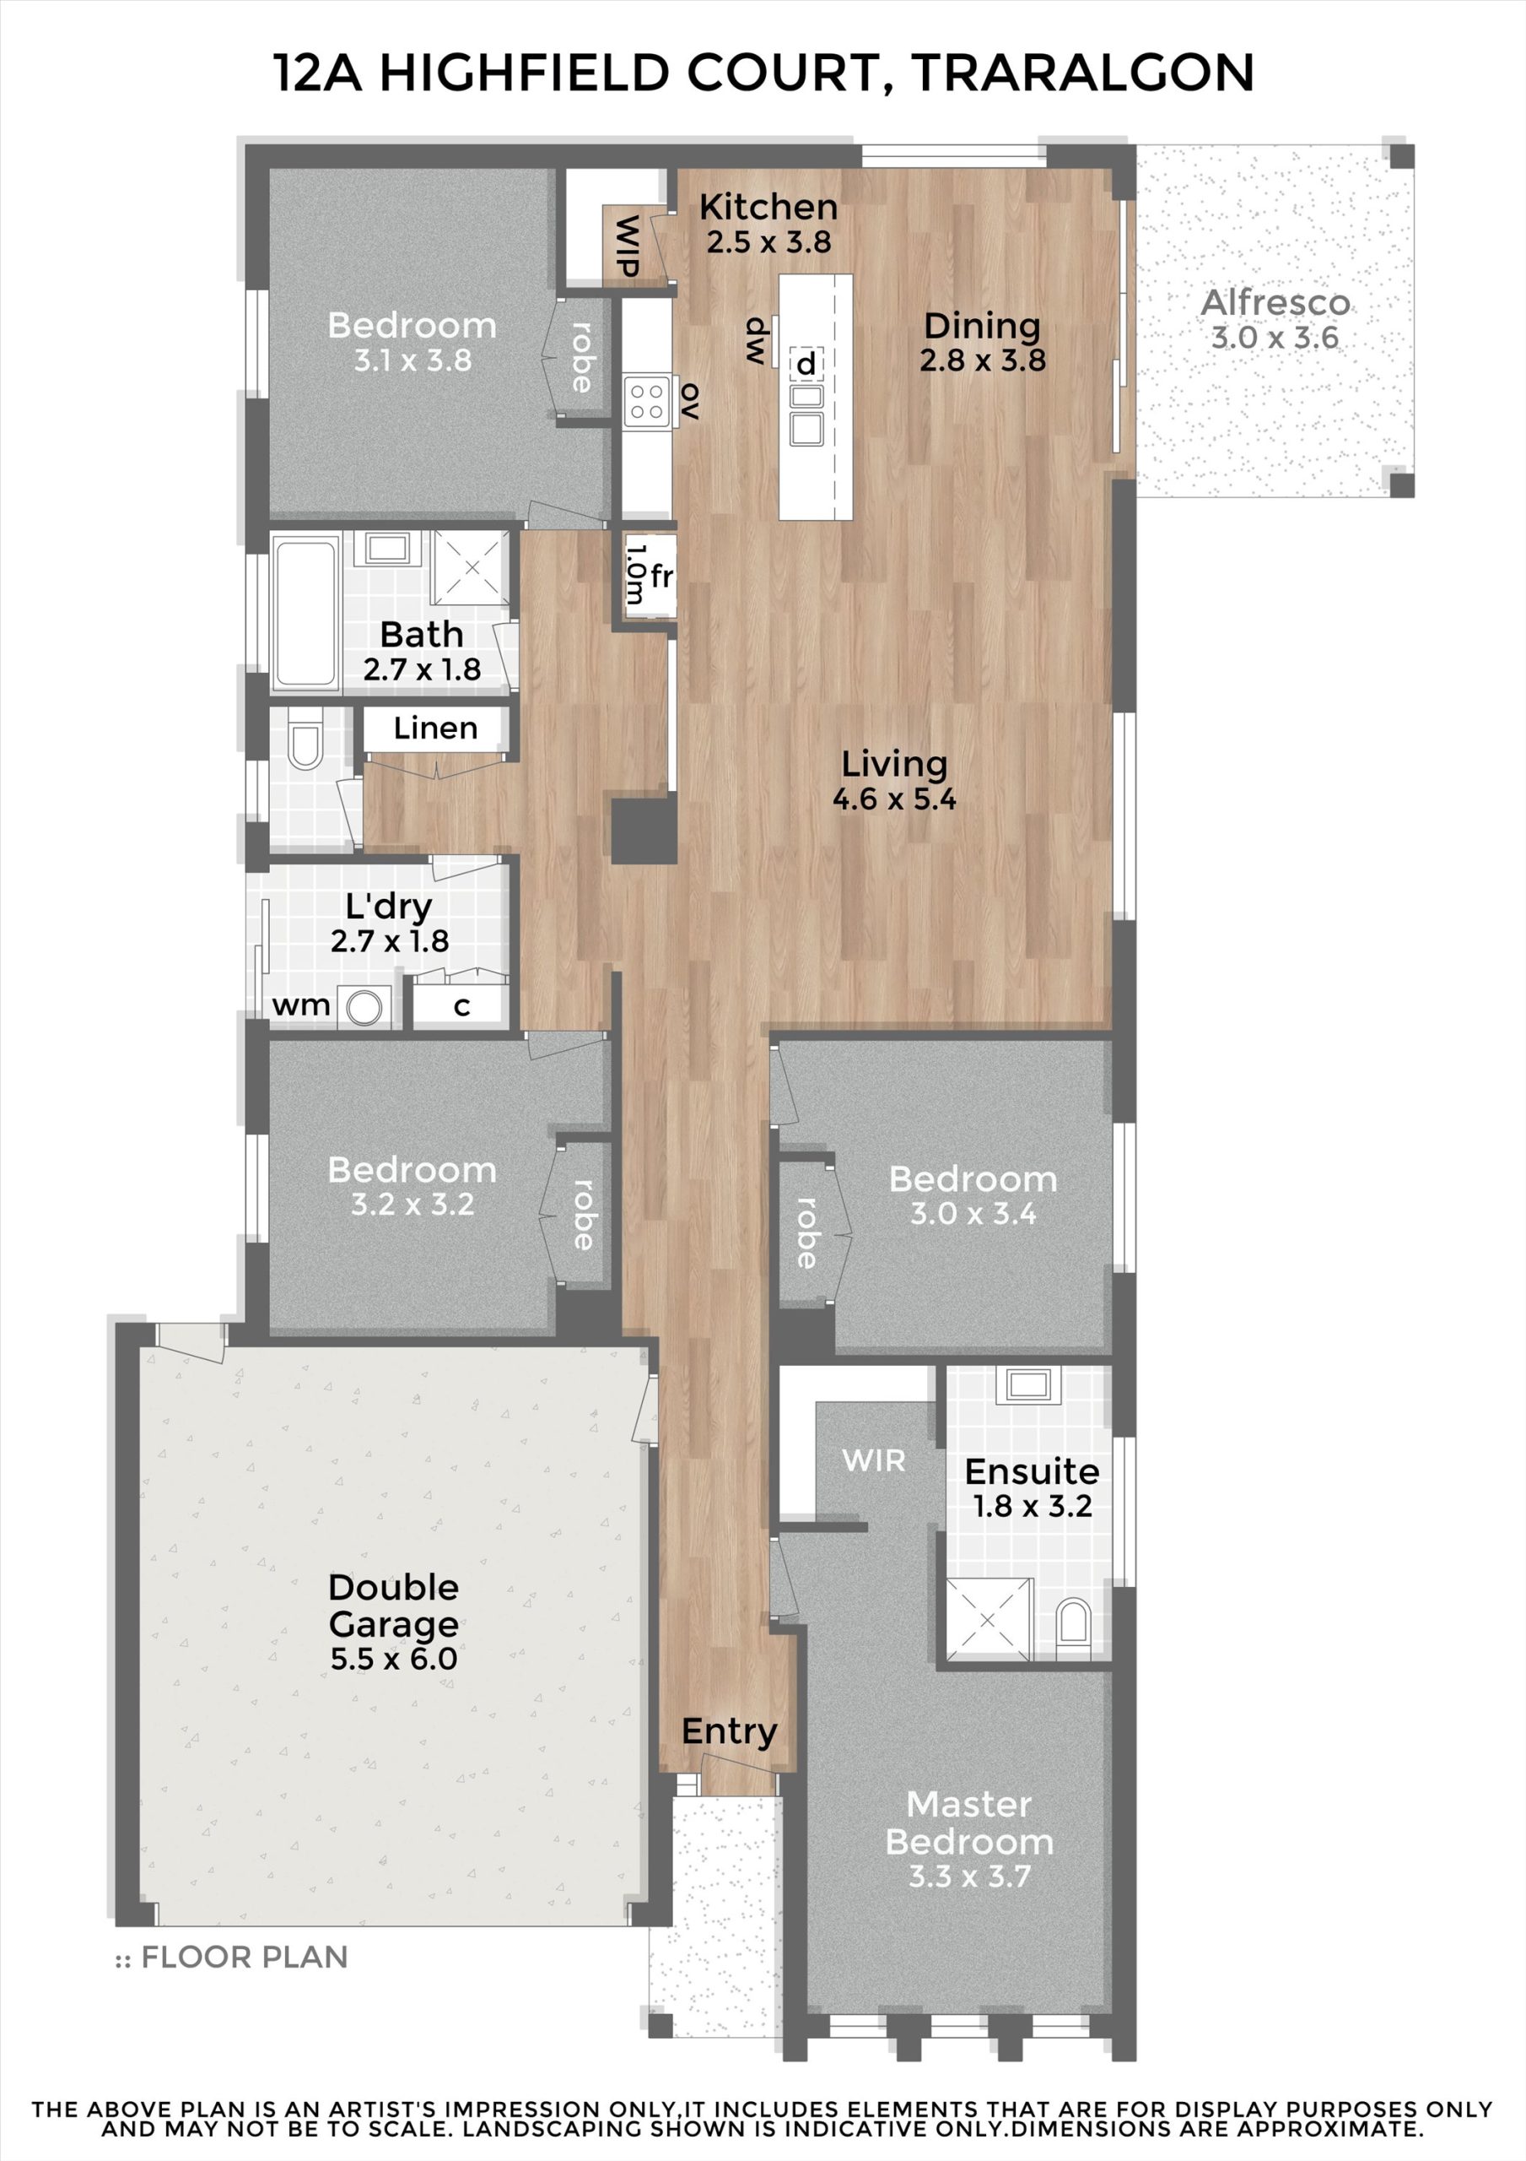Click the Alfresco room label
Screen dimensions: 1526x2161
point(1275,303)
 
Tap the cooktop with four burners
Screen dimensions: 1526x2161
point(647,402)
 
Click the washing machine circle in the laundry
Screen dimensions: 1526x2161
point(364,1007)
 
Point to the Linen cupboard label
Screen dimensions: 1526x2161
point(435,728)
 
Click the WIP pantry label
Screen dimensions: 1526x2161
point(627,246)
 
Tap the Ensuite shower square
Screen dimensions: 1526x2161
point(989,1619)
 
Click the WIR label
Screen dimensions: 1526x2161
point(873,1460)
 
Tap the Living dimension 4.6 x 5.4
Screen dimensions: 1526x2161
point(894,799)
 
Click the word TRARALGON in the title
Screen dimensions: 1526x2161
point(1083,73)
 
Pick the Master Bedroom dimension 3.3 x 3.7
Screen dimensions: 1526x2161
point(969,1876)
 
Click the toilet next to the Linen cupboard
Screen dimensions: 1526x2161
point(305,739)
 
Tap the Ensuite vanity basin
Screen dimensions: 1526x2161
point(1028,1384)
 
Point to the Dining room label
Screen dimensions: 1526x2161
point(982,326)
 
